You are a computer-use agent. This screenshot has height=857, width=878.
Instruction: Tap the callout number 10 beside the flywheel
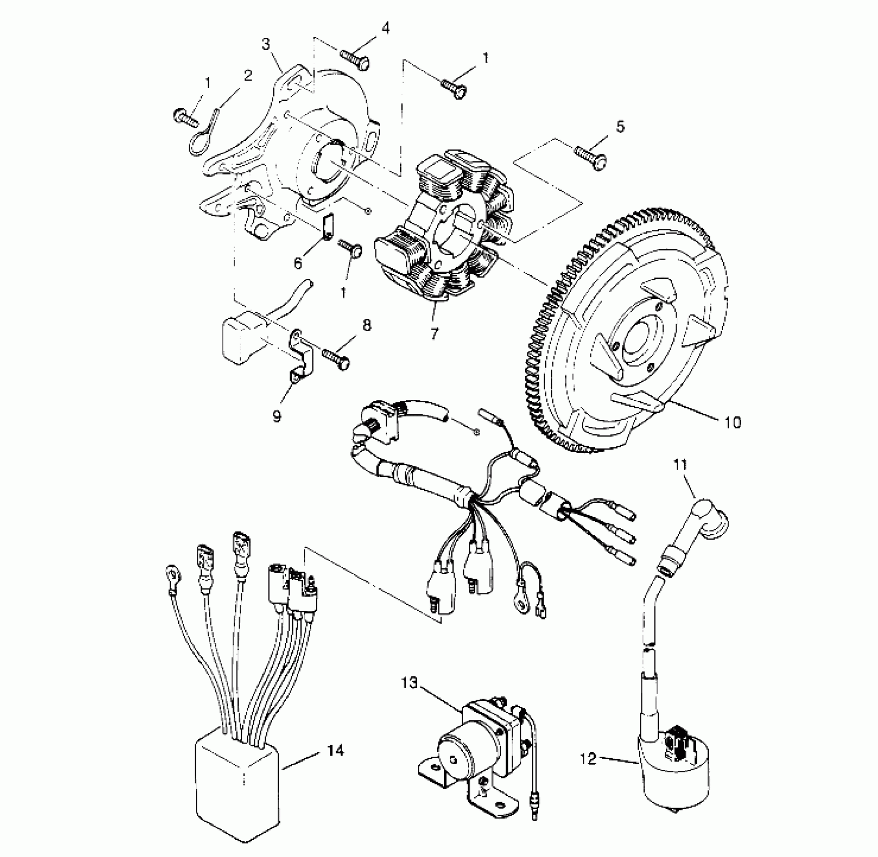733,422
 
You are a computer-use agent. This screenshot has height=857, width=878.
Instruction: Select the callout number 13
410,684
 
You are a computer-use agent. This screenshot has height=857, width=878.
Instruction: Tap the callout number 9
277,417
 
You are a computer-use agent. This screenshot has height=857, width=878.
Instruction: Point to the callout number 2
247,76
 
